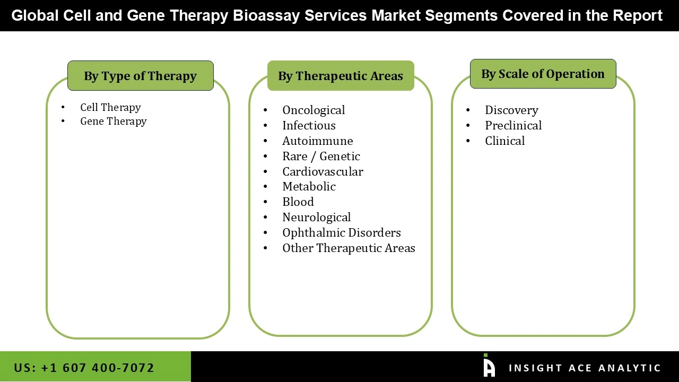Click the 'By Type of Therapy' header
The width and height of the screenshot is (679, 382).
coord(140,76)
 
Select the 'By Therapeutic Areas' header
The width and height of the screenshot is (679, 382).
coord(341,76)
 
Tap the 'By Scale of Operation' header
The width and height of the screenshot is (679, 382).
coord(543,74)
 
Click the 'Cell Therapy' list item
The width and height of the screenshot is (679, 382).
coord(110,107)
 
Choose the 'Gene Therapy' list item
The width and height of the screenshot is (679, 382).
coord(113,121)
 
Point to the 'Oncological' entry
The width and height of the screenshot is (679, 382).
coord(313,110)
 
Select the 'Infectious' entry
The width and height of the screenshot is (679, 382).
coord(309,125)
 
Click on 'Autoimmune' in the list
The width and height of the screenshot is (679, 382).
coord(317,141)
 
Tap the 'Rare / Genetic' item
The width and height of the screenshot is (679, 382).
coord(321,156)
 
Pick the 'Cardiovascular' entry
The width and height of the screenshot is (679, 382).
coord(323,171)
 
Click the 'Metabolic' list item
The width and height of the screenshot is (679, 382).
coord(309,186)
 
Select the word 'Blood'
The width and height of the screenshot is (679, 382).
coord(298,202)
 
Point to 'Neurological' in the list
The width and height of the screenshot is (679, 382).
coord(316,217)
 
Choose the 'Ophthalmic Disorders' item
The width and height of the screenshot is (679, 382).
coord(341,232)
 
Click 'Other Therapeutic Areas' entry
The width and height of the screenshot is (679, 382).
coord(349,248)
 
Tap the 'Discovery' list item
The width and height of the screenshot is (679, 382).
coord(511,110)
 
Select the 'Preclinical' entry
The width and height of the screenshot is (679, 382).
coord(513,125)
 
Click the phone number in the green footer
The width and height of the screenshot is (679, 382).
coord(84,368)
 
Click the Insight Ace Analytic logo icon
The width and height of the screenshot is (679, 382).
coord(489,366)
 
